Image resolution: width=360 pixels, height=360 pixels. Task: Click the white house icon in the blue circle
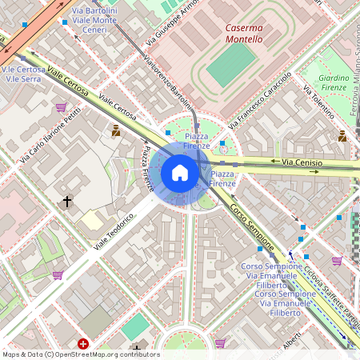click(180, 173)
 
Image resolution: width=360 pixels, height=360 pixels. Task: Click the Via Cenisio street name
click(302, 162)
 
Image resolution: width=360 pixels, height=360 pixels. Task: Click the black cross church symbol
click(67, 202)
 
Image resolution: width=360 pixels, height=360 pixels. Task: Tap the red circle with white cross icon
click(83, 344)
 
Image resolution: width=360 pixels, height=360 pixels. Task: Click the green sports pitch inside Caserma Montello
click(231, 64)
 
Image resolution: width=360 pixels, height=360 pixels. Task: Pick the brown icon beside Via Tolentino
click(342, 135)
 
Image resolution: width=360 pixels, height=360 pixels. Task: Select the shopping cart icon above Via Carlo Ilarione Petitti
click(61, 107)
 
